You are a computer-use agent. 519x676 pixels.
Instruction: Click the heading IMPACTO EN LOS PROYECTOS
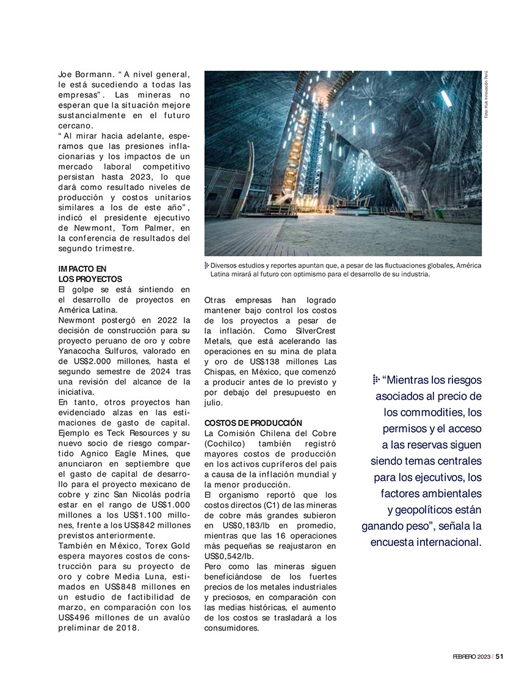tap(90, 274)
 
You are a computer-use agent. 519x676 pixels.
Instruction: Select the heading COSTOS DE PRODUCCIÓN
tap(245, 423)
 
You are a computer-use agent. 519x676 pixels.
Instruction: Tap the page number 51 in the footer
tap(499, 657)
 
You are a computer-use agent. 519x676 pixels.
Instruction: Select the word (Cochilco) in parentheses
tap(226, 444)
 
